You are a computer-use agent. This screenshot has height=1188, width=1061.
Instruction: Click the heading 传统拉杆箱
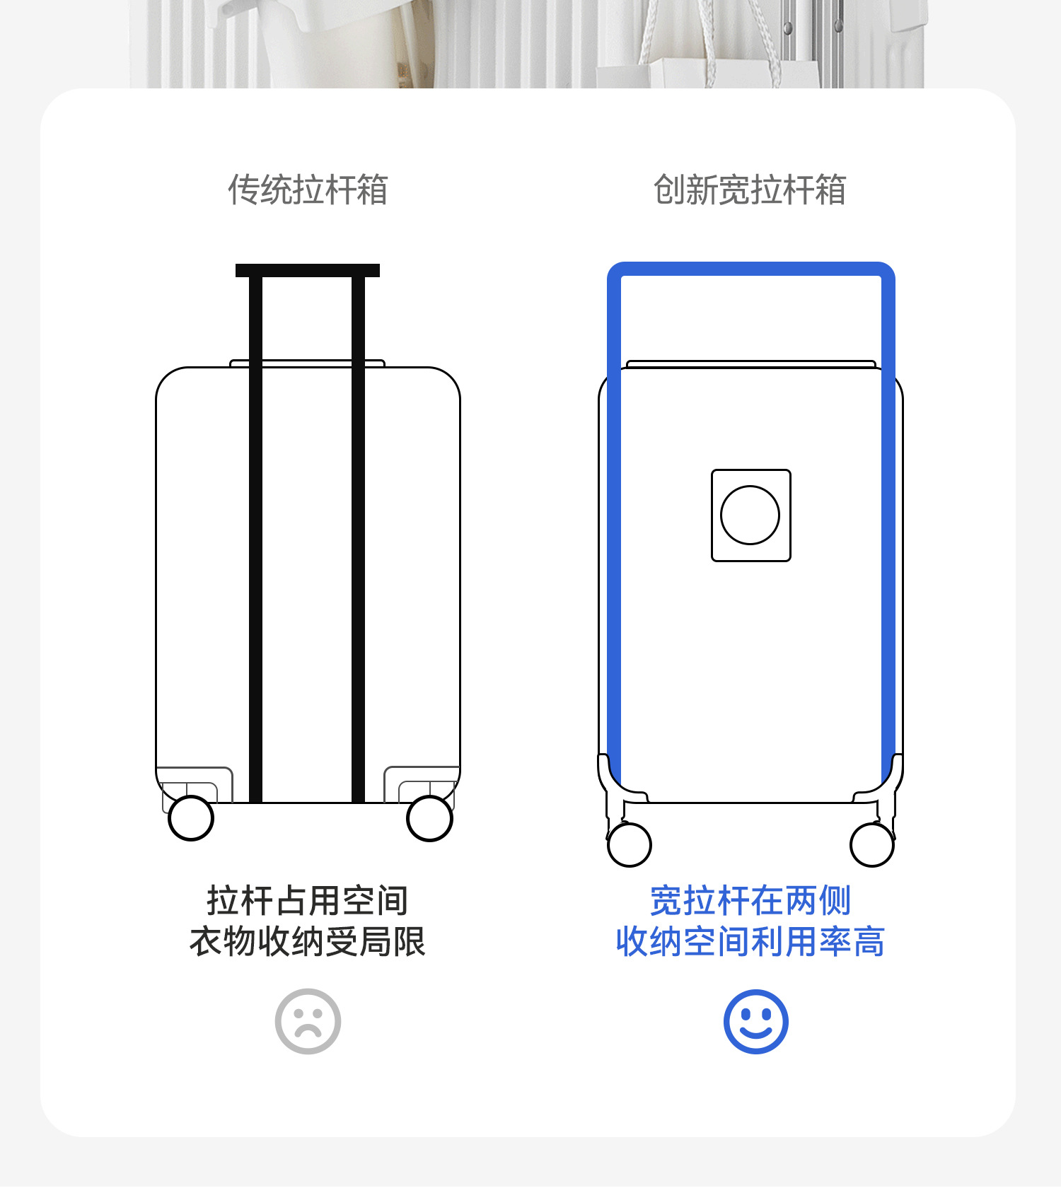[x=308, y=190]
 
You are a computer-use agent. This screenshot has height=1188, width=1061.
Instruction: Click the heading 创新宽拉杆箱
[x=750, y=190]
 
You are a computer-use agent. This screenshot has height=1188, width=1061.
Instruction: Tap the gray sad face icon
[x=308, y=1021]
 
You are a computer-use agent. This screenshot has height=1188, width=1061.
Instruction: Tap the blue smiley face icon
[x=755, y=1021]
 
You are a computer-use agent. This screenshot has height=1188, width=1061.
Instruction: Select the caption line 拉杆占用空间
[x=308, y=901]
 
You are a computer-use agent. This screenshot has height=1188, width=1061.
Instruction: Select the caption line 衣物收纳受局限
[x=308, y=942]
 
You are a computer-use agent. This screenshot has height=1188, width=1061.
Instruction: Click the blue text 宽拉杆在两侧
[x=750, y=901]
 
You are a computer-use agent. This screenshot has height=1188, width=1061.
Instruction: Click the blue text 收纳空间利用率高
[x=750, y=942]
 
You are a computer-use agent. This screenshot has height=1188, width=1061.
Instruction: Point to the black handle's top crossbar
[x=308, y=270]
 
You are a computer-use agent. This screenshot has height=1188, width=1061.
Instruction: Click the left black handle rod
[x=256, y=537]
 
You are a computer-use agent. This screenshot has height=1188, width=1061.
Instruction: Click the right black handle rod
[x=359, y=537]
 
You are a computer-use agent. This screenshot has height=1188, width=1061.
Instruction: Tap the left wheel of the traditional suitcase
[x=191, y=818]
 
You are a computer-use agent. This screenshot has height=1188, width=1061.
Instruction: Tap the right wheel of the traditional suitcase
[x=429, y=818]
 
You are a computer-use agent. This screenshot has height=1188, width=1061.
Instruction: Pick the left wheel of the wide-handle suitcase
[x=630, y=844]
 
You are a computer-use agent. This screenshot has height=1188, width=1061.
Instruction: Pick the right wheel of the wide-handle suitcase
[x=872, y=844]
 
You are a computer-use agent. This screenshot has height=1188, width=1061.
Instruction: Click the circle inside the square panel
[x=750, y=515]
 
